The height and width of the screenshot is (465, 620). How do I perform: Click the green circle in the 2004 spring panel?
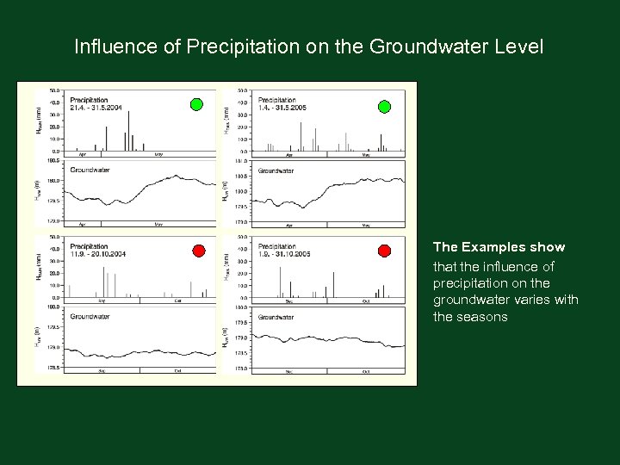coord(196,105)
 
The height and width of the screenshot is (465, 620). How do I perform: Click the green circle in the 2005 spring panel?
coord(384,107)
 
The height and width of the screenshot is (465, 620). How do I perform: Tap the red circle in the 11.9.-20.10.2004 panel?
coord(198,251)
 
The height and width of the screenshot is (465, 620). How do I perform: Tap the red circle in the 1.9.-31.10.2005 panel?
coord(384,251)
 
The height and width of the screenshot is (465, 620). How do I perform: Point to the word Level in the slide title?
coord(519,46)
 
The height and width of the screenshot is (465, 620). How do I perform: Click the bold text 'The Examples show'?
coord(499,248)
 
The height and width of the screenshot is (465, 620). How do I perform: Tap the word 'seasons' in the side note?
coord(483,317)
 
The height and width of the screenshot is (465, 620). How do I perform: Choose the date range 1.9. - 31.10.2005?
coord(283,255)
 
